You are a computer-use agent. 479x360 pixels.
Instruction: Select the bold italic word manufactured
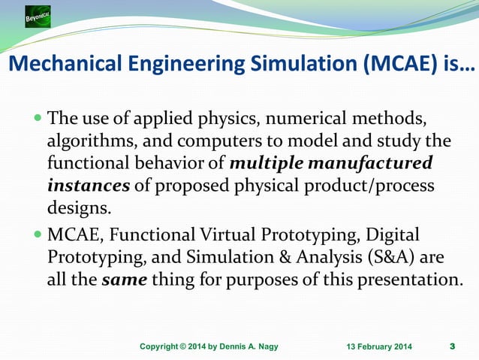coord(374,162)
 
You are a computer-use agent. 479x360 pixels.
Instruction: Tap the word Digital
coord(393,236)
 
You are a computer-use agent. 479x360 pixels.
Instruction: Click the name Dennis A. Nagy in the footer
coord(251,346)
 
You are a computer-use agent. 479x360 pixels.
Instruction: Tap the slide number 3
coord(451,346)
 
